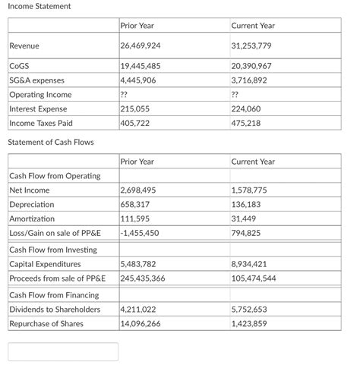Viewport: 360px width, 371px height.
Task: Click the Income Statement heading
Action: point(39,7)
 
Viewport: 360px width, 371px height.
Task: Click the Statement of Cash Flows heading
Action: point(50,143)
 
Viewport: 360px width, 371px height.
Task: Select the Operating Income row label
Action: point(40,95)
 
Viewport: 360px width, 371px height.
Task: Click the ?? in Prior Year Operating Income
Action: point(125,95)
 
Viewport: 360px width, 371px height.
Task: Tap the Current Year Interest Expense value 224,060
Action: point(245,109)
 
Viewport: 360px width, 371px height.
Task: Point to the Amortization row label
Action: point(32,219)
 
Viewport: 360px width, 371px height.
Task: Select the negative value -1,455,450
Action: point(140,233)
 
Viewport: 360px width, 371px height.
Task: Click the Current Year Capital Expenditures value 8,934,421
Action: point(249,264)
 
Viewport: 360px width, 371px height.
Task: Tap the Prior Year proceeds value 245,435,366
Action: point(143,278)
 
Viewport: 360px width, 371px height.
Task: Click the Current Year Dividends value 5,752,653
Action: point(249,310)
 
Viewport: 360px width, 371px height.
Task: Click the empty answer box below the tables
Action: point(63,351)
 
